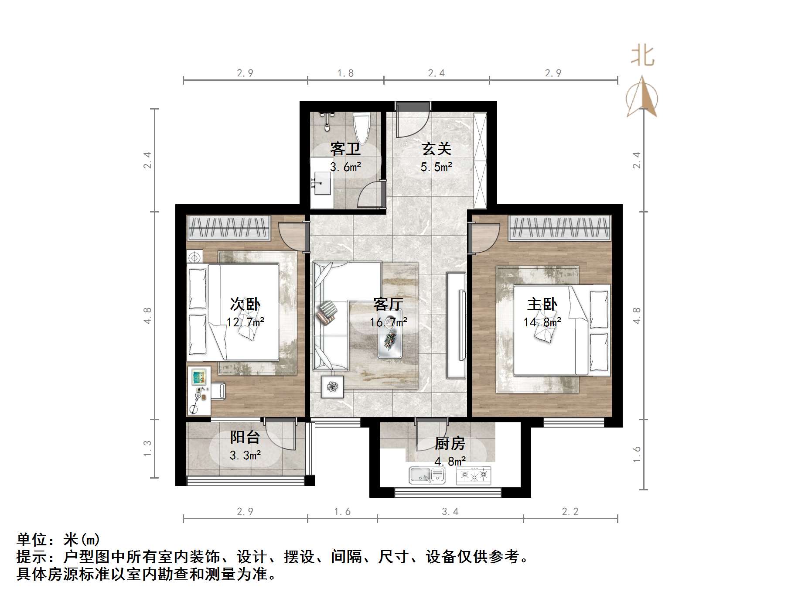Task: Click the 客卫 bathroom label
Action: [x=345, y=149]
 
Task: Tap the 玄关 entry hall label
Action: [x=436, y=149]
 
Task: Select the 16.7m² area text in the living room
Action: [x=388, y=322]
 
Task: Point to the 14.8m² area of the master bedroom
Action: [x=542, y=322]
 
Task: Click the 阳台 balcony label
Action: [x=245, y=437]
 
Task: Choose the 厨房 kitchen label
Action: [x=450, y=444]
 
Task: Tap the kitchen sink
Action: [x=426, y=475]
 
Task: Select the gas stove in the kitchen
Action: [x=474, y=475]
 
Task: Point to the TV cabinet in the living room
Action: [x=456, y=325]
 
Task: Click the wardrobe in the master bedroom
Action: [x=559, y=228]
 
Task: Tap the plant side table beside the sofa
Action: [x=332, y=387]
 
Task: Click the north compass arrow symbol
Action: [x=641, y=97]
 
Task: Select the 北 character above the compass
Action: [x=643, y=56]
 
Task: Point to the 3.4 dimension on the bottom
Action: [x=450, y=511]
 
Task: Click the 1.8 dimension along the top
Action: [x=345, y=73]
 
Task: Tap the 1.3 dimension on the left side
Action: [x=147, y=448]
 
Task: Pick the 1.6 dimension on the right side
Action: [x=637, y=454]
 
